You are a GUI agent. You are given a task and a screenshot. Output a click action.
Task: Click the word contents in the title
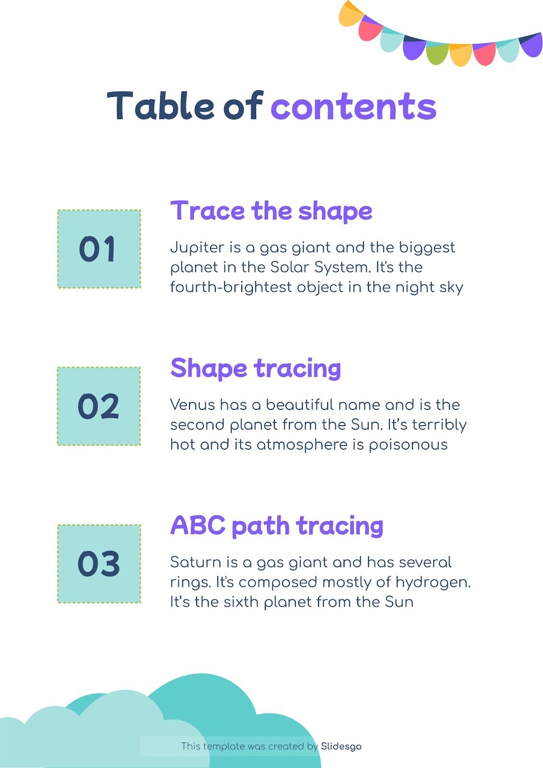(x=354, y=107)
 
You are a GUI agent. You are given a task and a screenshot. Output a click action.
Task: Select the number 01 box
(x=99, y=249)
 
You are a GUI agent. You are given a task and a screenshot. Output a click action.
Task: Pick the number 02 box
(x=99, y=406)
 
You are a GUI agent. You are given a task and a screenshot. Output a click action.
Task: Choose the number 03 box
(x=99, y=564)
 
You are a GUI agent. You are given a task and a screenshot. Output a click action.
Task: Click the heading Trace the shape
(x=271, y=211)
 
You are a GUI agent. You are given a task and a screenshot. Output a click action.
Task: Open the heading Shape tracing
(x=256, y=369)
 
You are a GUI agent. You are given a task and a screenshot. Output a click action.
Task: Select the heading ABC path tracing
(x=277, y=526)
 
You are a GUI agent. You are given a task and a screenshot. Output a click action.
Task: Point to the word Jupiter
(x=197, y=248)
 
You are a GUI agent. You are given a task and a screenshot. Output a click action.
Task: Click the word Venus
(x=192, y=405)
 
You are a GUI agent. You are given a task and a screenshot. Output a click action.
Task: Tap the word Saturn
(x=193, y=562)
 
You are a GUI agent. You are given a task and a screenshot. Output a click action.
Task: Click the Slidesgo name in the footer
(x=341, y=746)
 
